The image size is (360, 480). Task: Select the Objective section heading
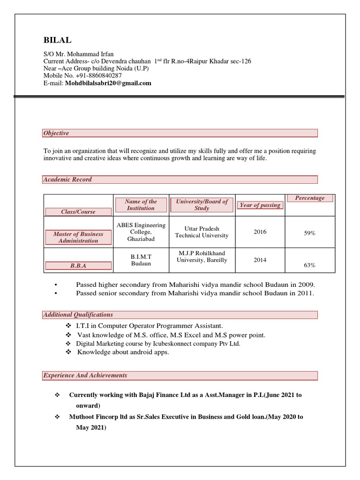click(56, 133)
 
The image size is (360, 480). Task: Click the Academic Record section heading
click(67, 180)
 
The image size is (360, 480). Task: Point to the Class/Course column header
click(78, 212)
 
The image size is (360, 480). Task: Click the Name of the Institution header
click(141, 204)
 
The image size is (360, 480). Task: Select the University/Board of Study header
click(202, 204)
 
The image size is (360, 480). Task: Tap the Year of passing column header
click(260, 205)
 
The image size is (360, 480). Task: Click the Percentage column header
click(309, 198)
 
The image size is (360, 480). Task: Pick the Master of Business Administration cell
click(78, 238)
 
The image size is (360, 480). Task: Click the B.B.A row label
click(78, 266)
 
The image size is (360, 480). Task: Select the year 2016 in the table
click(260, 232)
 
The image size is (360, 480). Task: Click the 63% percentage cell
click(309, 265)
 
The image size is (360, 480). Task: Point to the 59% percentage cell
click(309, 233)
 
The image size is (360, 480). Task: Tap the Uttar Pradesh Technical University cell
click(202, 232)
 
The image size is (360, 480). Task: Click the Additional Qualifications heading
click(78, 315)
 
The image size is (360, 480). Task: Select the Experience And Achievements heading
click(85, 375)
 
